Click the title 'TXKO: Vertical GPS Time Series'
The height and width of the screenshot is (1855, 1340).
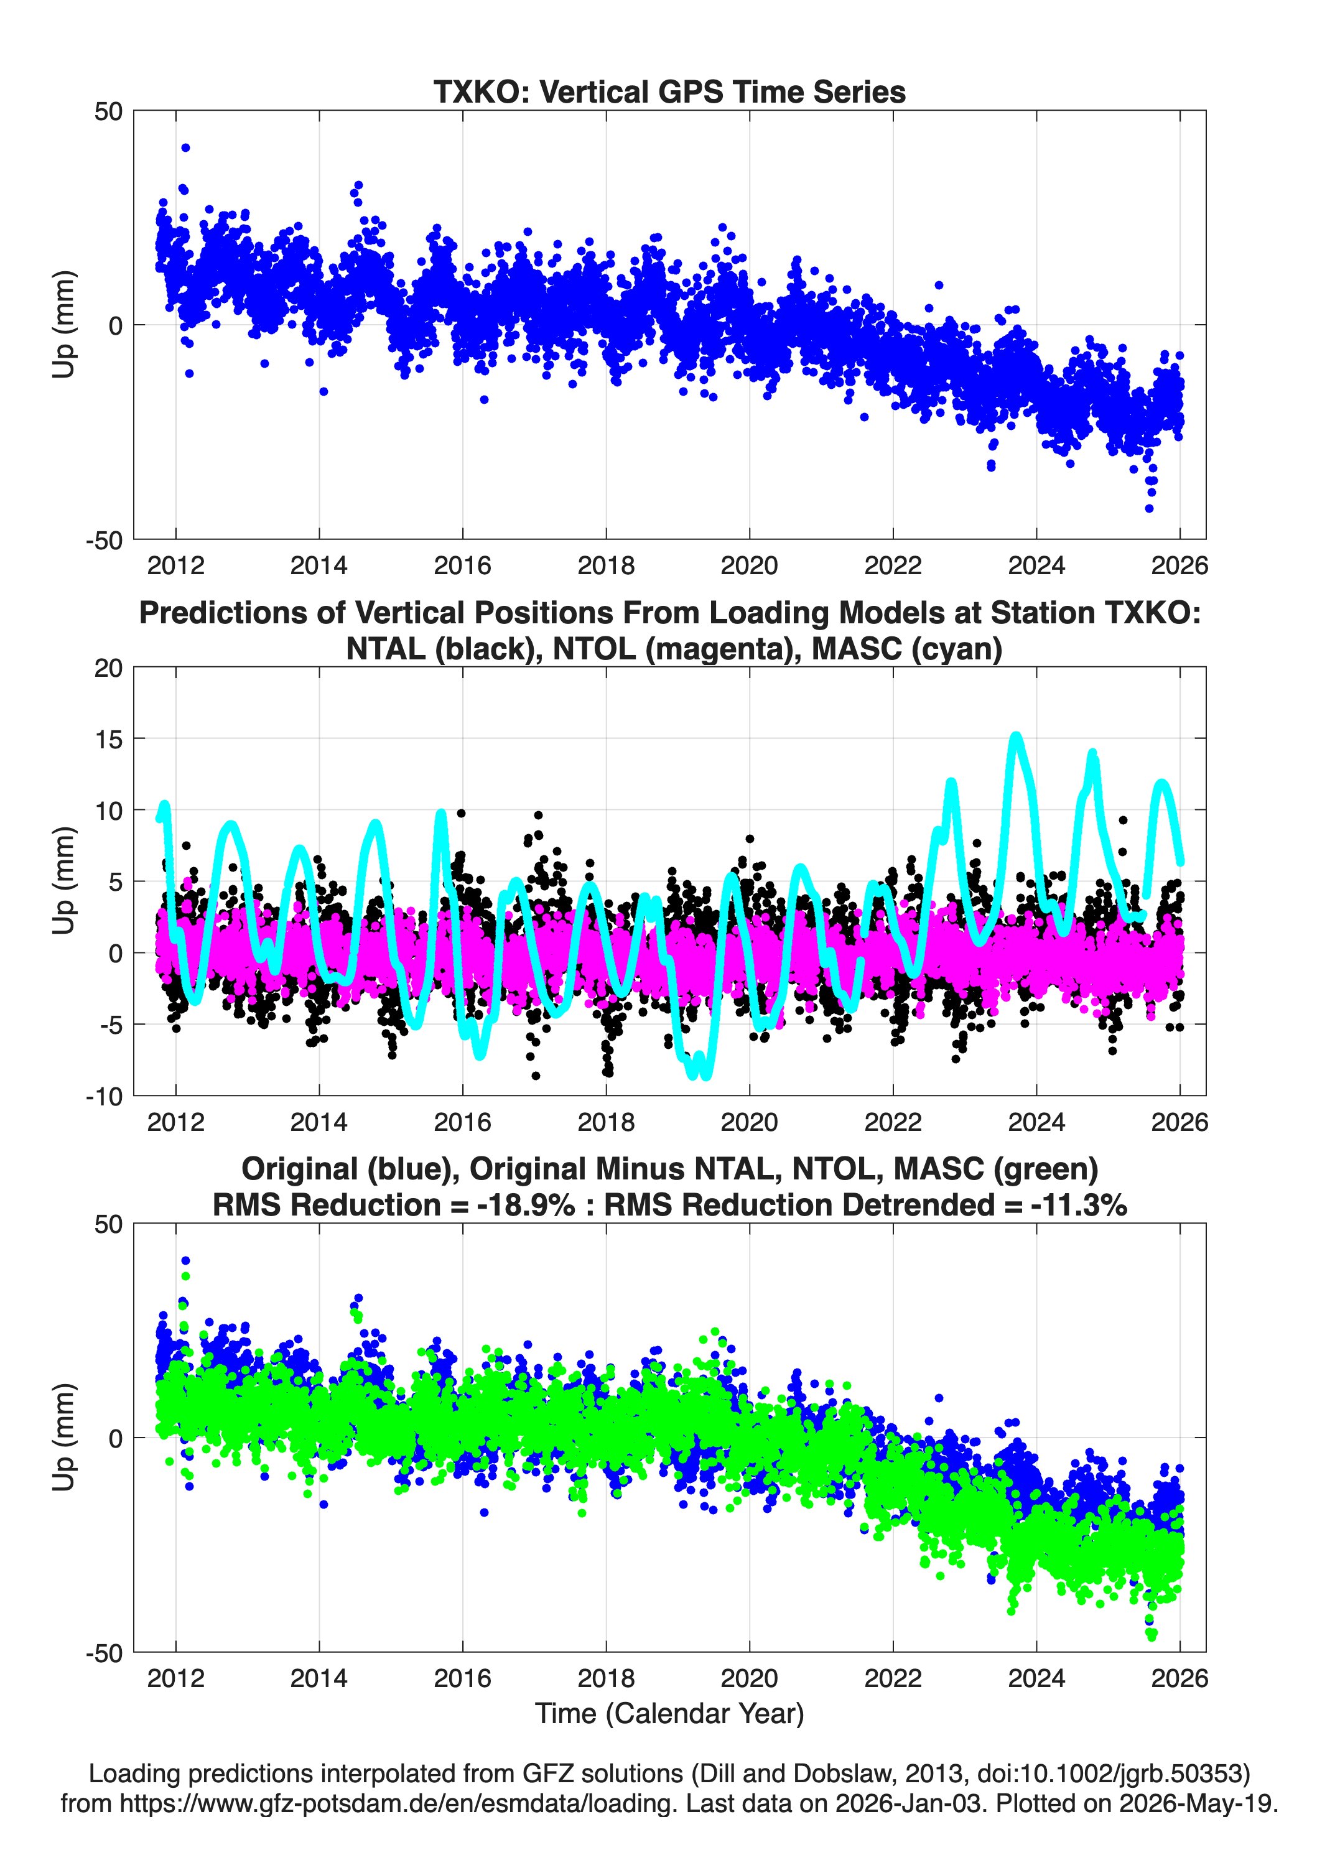coord(669,91)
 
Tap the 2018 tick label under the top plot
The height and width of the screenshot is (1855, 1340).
coord(606,565)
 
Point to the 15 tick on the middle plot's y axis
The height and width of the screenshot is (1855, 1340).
coord(108,738)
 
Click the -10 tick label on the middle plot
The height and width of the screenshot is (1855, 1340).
coord(104,1096)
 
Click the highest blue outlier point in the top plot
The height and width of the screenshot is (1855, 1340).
coord(186,148)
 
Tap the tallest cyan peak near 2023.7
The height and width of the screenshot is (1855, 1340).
coord(1016,736)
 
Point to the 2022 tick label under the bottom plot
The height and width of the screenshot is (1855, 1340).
coord(893,1678)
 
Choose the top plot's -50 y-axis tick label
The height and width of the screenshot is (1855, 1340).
coord(104,540)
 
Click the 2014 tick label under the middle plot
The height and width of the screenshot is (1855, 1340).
coord(319,1122)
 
